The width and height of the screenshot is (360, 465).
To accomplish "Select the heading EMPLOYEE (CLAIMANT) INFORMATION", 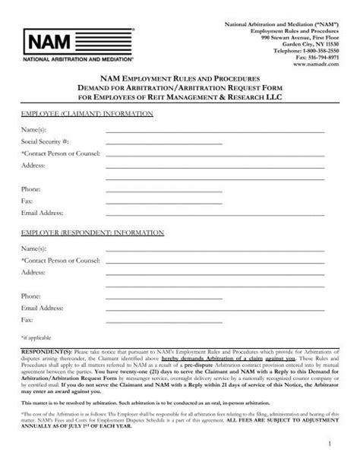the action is click(x=87, y=112).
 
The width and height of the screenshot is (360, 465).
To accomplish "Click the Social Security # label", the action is click(x=45, y=142).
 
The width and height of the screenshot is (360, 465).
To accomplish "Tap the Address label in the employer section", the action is click(x=33, y=271).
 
